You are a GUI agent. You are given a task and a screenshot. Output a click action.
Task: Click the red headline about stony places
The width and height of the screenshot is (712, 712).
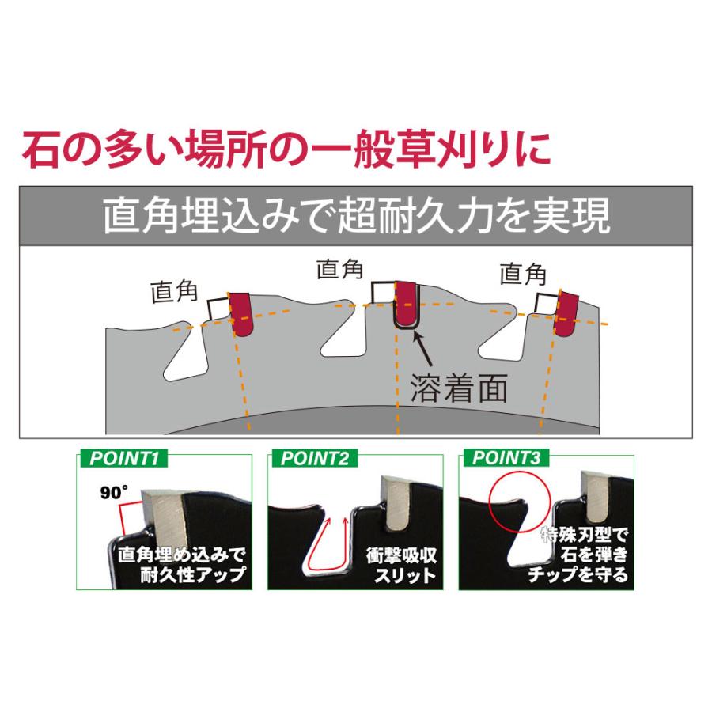click(286, 149)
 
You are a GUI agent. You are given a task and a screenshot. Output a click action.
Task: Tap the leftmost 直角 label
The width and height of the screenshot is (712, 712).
click(173, 292)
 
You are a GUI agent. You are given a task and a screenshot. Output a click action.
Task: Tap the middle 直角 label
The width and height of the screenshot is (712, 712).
click(339, 269)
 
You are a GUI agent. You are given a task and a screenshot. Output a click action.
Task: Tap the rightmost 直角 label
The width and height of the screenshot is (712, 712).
click(523, 275)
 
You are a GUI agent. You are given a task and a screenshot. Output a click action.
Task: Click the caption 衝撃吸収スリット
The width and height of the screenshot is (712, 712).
click(401, 564)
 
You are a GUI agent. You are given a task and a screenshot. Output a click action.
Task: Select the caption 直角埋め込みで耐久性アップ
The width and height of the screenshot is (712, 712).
click(178, 563)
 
